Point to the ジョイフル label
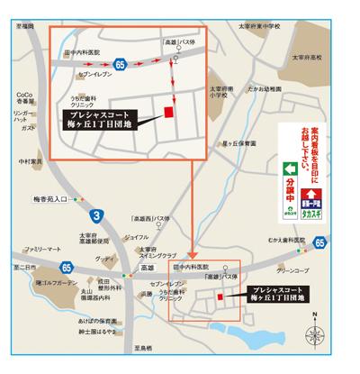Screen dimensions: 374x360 click(136, 236)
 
